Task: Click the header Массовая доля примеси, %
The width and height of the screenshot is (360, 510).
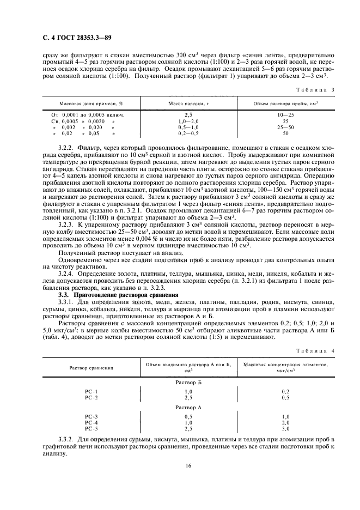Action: (91, 103)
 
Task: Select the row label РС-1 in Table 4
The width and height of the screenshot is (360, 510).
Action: (91, 392)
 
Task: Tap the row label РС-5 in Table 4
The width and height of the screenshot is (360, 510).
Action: (91, 428)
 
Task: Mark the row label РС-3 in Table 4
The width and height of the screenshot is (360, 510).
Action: (91, 416)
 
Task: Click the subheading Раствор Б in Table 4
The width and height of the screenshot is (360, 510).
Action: (188, 383)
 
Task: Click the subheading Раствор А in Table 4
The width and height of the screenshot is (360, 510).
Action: (188, 407)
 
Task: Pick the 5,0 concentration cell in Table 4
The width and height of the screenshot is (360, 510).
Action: (285, 428)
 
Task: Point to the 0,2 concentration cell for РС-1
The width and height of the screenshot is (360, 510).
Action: (285, 392)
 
